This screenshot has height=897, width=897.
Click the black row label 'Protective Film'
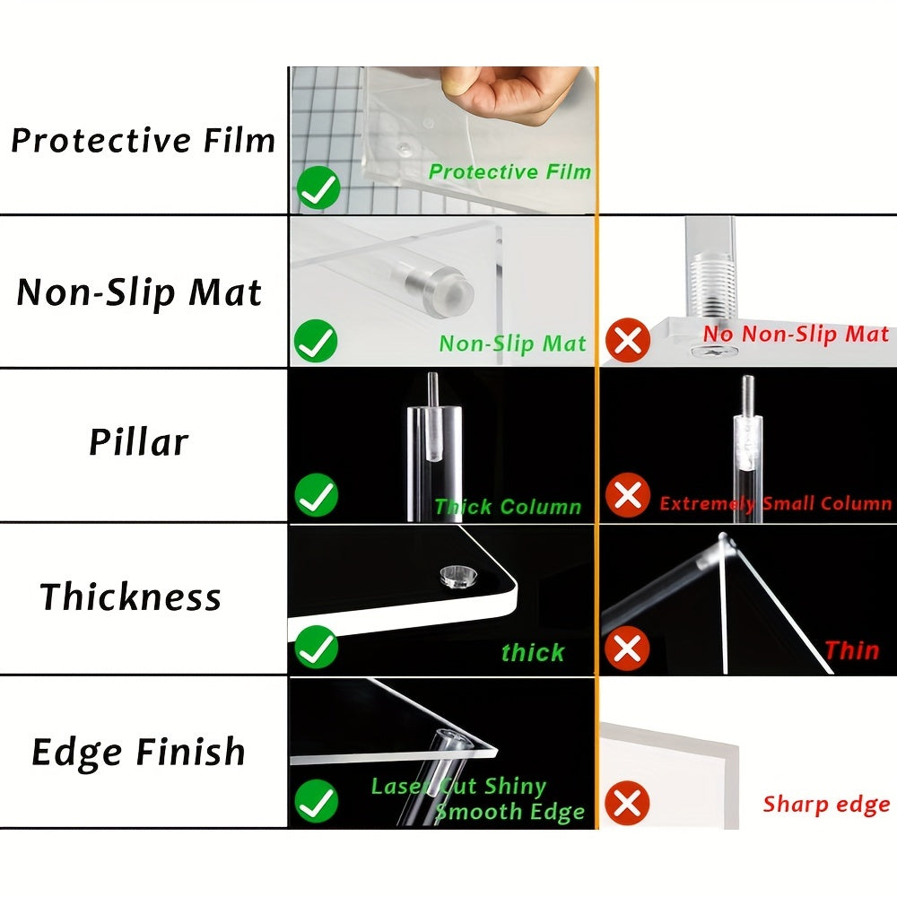tap(143, 141)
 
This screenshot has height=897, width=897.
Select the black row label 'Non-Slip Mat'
tap(139, 292)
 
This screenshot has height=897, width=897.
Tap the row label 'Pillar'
tap(138, 441)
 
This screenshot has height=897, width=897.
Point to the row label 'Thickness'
tap(130, 597)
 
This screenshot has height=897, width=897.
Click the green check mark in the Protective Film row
tap(318, 187)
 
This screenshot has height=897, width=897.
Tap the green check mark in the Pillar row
tap(317, 495)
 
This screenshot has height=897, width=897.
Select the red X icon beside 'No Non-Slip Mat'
tap(628, 341)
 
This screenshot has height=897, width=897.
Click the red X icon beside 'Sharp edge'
tap(627, 802)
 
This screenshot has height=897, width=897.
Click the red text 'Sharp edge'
tap(826, 805)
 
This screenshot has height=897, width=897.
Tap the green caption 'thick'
tap(533, 652)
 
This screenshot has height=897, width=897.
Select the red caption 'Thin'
tap(852, 650)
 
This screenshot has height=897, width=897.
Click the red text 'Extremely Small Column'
tap(775, 503)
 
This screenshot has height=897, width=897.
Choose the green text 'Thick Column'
tap(508, 506)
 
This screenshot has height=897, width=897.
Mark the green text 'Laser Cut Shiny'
tap(458, 787)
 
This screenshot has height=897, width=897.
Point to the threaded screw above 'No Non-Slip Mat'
tap(710, 286)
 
